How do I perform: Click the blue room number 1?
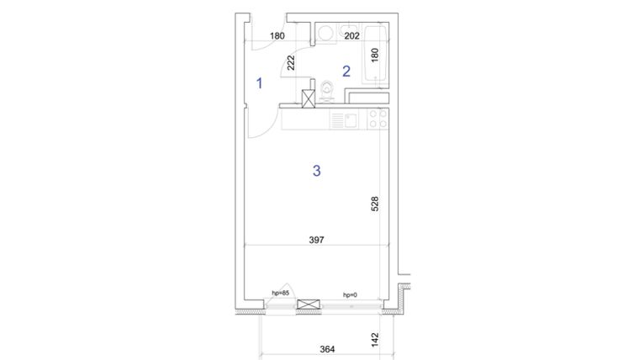tap(259, 82)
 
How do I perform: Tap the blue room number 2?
tap(346, 71)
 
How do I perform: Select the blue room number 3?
tap(316, 171)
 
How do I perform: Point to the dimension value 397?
tap(316, 240)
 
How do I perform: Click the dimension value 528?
tap(375, 205)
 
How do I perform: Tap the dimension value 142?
tap(375, 340)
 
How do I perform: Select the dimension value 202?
tap(351, 36)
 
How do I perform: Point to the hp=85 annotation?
tap(280, 293)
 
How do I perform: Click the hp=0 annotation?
tap(350, 294)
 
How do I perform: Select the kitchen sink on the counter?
tap(344, 120)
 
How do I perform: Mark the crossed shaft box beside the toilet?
tap(308, 98)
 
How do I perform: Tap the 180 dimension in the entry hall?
tap(277, 36)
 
